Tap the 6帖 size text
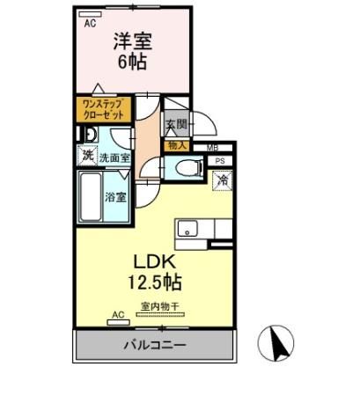131,62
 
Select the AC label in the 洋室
89,24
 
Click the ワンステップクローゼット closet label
102,110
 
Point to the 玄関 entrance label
175,126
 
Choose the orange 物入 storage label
176,145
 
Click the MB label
212,147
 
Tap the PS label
219,162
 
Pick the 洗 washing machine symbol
87,157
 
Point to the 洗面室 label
114,158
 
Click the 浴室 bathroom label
116,197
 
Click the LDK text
157,262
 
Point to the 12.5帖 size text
158,284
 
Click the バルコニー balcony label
154,345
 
